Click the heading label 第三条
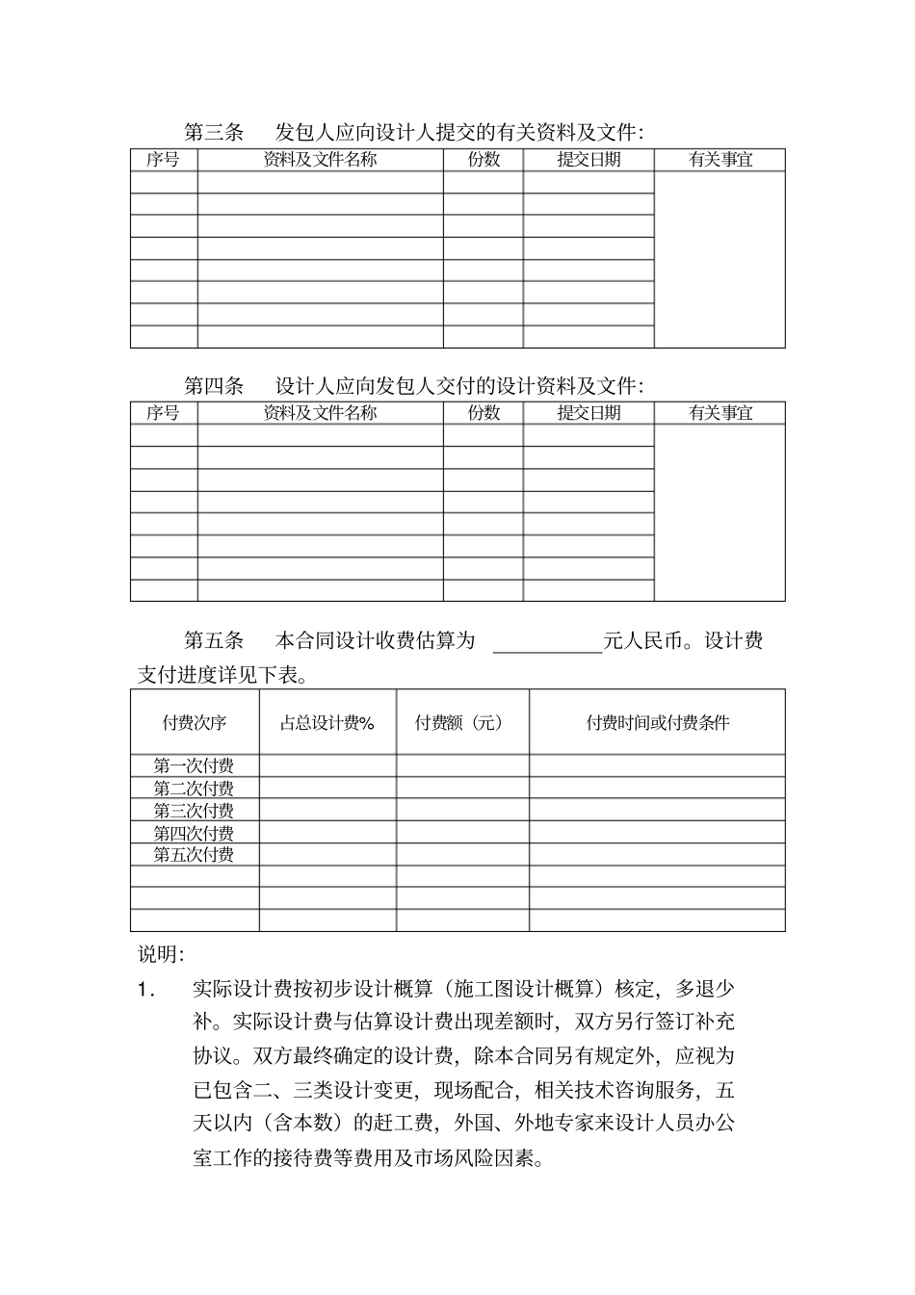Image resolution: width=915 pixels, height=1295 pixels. tap(214, 132)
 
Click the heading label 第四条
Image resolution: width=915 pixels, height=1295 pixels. tap(214, 386)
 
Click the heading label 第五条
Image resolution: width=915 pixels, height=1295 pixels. tap(214, 640)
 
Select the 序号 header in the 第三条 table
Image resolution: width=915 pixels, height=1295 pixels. tap(163, 160)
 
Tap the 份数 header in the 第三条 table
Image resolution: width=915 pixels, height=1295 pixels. tap(484, 160)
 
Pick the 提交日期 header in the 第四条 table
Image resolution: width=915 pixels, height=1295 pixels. tap(588, 413)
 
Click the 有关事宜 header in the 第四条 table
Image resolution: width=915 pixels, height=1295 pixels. tap(720, 413)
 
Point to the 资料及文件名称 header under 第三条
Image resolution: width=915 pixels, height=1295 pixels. tap(320, 160)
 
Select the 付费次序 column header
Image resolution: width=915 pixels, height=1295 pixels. tap(195, 722)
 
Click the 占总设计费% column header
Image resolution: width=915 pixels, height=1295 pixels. tap(327, 722)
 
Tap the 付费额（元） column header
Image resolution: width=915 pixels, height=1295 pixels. tap(462, 722)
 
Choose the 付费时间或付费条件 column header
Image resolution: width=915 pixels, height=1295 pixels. tap(658, 722)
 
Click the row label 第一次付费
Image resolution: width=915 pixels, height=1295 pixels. tap(194, 766)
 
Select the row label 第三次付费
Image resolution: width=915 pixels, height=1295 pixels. tap(194, 811)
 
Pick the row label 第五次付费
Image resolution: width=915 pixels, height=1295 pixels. tap(194, 855)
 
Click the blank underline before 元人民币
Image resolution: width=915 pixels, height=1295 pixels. tap(547, 647)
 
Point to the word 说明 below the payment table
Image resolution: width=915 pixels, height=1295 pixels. tap(160, 954)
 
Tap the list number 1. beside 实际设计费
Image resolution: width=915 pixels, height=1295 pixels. tap(146, 989)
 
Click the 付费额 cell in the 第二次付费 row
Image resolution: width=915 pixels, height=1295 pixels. tap(462, 789)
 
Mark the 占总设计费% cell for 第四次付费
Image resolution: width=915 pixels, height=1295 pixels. tap(327, 833)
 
